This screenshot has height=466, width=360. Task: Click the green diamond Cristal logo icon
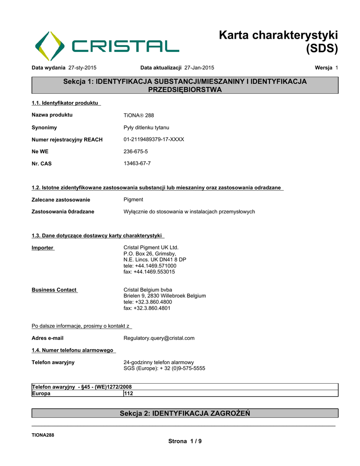[x=50, y=46]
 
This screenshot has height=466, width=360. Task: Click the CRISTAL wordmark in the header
[x=125, y=46]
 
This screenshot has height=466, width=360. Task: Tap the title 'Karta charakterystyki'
[x=278, y=35]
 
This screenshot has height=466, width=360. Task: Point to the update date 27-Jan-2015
[x=199, y=68]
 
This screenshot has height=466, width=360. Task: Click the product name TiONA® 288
[x=139, y=115]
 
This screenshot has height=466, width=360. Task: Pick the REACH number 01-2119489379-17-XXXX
[x=154, y=139]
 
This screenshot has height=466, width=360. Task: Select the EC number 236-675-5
[x=136, y=151]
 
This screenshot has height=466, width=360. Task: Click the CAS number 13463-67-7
[x=137, y=163]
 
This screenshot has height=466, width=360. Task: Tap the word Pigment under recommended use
[x=133, y=199]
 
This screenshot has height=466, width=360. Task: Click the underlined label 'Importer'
[x=42, y=248]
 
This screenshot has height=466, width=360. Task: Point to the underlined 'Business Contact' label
[x=54, y=290]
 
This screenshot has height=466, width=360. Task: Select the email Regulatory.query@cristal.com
[x=159, y=338]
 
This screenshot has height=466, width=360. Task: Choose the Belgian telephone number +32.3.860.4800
[x=154, y=302]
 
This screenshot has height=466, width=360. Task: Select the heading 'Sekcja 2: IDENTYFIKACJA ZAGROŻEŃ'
[x=185, y=413]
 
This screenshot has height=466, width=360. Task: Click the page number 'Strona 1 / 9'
[x=185, y=441]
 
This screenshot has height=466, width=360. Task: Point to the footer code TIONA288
[x=43, y=435]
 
